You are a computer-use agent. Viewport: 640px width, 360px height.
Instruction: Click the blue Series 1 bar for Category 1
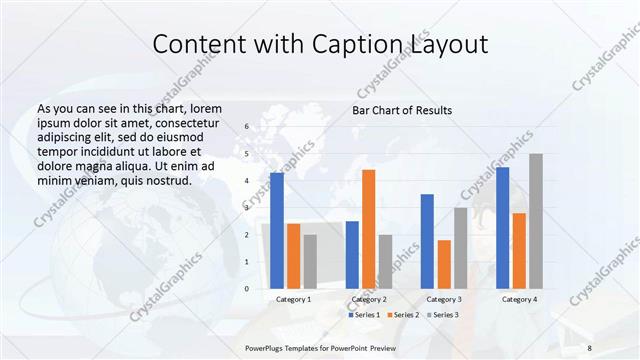click(x=277, y=231)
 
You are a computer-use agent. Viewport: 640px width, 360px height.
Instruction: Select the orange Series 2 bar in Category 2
click(x=368, y=229)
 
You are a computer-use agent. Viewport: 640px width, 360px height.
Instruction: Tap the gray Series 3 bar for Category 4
click(x=536, y=221)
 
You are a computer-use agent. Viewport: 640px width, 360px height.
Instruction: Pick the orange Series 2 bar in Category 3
click(x=444, y=264)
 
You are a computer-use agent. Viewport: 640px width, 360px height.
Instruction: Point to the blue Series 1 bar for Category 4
click(x=502, y=228)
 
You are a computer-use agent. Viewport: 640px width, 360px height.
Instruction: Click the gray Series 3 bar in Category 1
click(x=310, y=262)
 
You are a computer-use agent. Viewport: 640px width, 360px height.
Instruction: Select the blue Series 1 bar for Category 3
click(x=427, y=241)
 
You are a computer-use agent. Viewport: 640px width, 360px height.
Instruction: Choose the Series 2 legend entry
click(x=402, y=315)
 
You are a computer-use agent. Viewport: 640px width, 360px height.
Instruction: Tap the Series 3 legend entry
click(x=443, y=315)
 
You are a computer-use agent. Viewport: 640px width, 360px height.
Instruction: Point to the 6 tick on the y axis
click(x=246, y=127)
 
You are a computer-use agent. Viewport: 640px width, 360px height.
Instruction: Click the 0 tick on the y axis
click(x=246, y=289)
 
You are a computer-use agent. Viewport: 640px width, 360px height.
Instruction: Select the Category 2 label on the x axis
click(x=369, y=299)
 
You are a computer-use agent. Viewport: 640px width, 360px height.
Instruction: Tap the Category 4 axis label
click(x=519, y=299)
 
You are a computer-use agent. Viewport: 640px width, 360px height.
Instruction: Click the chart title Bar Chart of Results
click(x=403, y=110)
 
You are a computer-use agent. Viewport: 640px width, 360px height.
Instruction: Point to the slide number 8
click(x=590, y=347)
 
